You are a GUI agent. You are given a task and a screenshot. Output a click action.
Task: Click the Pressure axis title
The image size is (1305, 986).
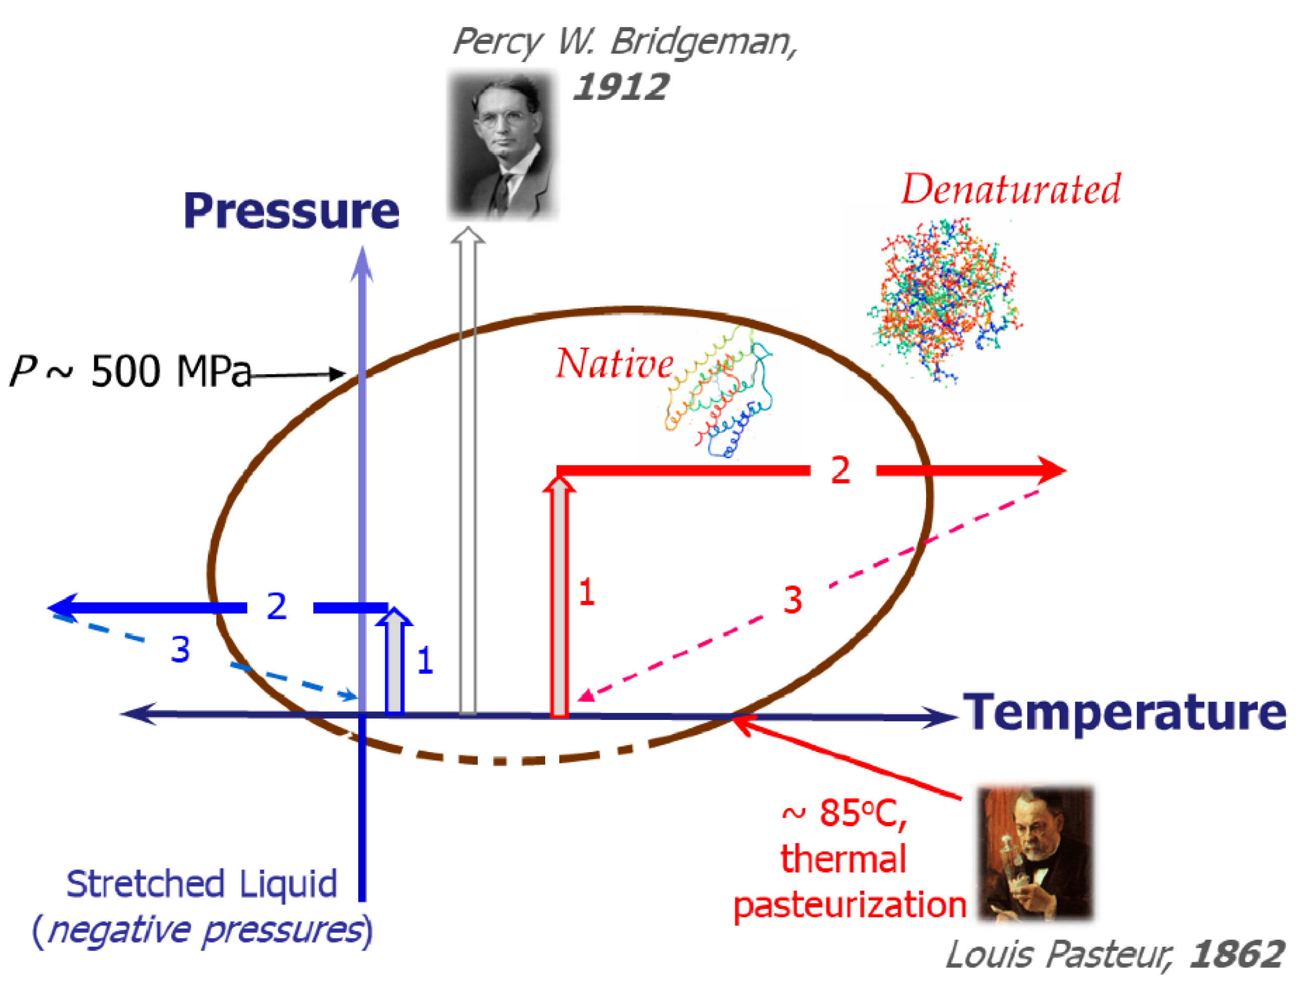(x=291, y=211)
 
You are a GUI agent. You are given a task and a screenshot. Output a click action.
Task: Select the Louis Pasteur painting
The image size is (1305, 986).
(x=1035, y=852)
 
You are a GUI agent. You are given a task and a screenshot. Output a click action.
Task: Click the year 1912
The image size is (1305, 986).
(x=620, y=87)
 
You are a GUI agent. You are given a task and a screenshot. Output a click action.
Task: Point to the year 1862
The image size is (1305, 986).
(x=1236, y=954)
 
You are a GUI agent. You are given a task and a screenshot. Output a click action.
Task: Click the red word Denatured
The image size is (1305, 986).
(x=1011, y=190)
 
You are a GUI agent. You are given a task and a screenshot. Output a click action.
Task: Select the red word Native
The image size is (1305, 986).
(x=614, y=363)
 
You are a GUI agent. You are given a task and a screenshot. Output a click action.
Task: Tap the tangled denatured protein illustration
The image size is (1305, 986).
(x=944, y=301)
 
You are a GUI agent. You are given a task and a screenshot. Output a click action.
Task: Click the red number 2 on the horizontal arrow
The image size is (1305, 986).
(x=840, y=471)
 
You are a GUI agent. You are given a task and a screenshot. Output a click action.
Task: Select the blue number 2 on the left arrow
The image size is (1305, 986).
(x=277, y=606)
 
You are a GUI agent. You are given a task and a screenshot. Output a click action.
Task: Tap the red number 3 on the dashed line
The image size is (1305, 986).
(x=792, y=600)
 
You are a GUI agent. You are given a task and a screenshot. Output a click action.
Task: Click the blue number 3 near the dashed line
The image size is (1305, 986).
(x=180, y=650)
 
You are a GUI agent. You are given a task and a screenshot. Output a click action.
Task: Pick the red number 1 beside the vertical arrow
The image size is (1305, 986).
(x=586, y=592)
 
